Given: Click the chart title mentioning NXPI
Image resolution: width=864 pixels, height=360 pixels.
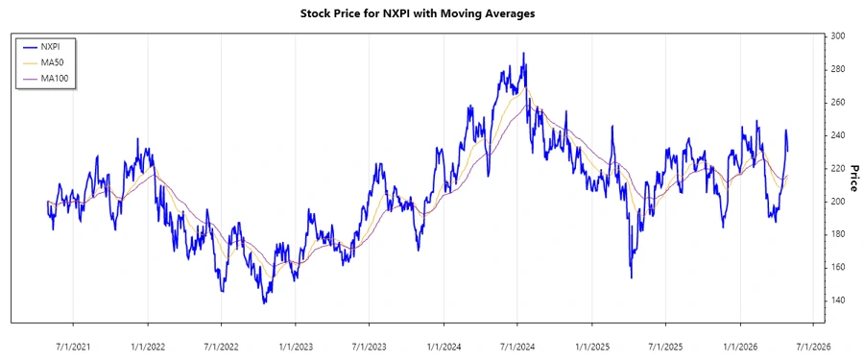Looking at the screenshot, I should click(431, 14).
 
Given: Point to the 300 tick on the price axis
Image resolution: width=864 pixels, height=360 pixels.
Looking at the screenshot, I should click(838, 36).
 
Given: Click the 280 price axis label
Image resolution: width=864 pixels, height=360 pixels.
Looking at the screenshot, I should click(838, 69).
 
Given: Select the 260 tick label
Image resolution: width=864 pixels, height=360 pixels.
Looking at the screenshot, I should click(838, 103).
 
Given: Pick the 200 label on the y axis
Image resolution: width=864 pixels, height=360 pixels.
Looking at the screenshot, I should click(838, 202).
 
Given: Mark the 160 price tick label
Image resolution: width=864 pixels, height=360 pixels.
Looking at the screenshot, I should click(838, 267).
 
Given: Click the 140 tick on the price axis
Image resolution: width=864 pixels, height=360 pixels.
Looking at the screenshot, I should click(838, 300).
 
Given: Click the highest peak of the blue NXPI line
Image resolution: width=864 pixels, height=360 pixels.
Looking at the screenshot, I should click(523, 54).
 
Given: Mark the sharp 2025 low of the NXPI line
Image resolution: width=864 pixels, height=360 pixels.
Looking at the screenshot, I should click(631, 277).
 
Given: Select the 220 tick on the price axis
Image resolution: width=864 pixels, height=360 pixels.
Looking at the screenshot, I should click(838, 168).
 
